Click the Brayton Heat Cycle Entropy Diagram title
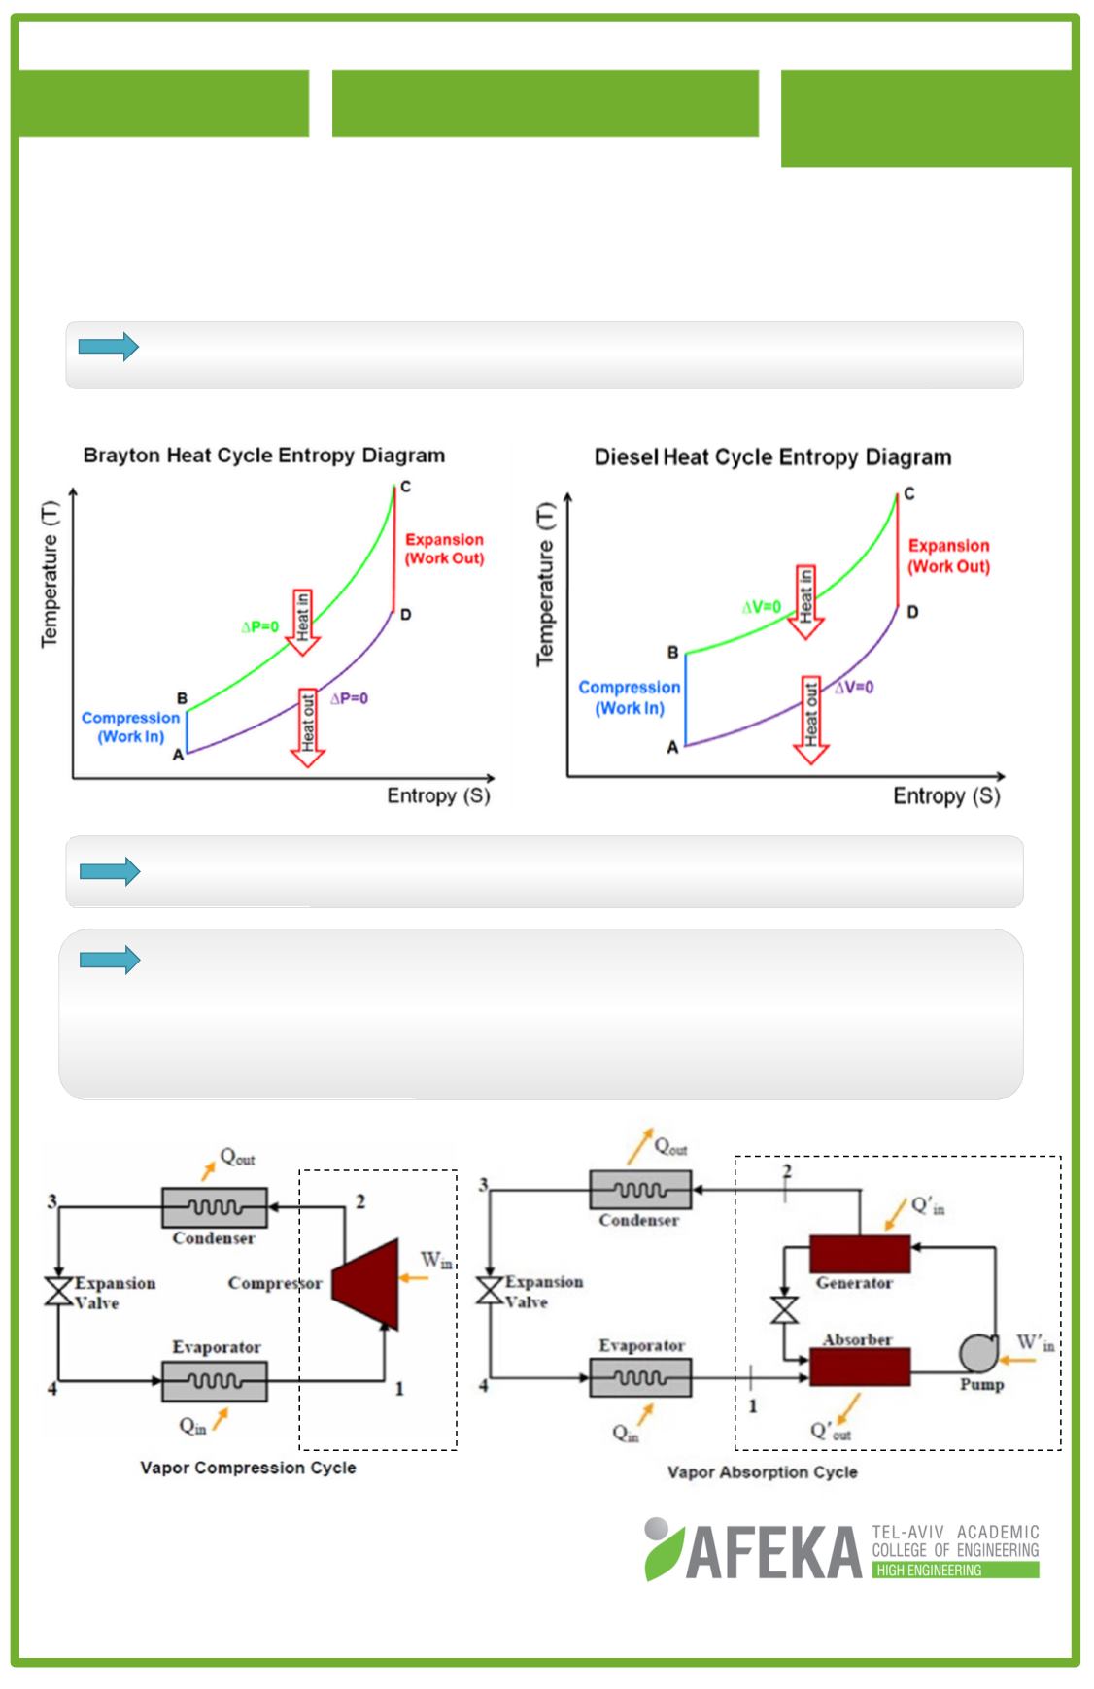pos(263,456)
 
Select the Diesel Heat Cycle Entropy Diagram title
pos(772,457)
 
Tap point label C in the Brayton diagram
pos(405,487)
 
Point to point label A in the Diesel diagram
pos(671,747)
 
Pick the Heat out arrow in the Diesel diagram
pos(810,720)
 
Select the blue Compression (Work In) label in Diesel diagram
pos(630,697)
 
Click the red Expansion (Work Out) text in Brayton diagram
pos(444,549)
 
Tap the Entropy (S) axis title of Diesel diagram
pos(946,796)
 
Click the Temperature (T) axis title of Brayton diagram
pos(50,572)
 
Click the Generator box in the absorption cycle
pos(859,1253)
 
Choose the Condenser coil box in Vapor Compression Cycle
pos(214,1207)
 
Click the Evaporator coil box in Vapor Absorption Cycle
pos(641,1375)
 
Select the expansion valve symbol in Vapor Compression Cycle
pos(59,1293)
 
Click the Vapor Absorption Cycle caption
pos(762,1472)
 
